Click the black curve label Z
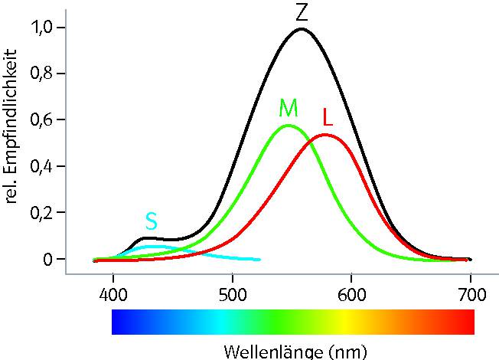click(301, 12)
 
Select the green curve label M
click(289, 108)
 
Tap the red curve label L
click(328, 118)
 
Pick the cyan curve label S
click(152, 221)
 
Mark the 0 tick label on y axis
click(48, 260)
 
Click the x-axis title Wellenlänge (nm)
click(295, 352)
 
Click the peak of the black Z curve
click(302, 29)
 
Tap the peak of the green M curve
click(288, 126)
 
